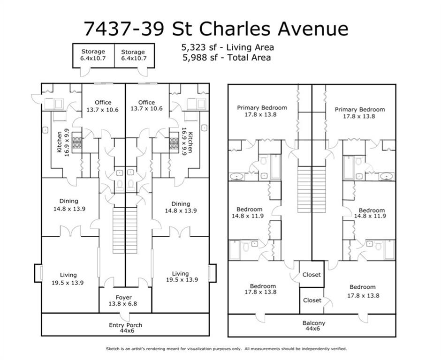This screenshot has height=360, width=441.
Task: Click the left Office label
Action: click(103, 102)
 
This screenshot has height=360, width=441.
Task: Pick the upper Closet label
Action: click(312, 275)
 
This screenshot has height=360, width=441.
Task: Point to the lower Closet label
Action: click(312, 300)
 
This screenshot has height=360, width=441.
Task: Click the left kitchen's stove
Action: click(77, 143)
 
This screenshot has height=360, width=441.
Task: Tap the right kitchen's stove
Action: click(174, 143)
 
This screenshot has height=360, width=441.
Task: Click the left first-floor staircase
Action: click(118, 231)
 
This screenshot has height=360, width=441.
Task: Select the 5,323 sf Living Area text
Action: click(228, 47)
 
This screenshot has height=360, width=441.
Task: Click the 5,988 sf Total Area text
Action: click(227, 58)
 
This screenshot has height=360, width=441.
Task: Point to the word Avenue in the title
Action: click(313, 29)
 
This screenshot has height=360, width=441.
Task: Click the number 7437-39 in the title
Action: click(124, 29)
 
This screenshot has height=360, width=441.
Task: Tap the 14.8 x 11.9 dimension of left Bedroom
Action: click(248, 216)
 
